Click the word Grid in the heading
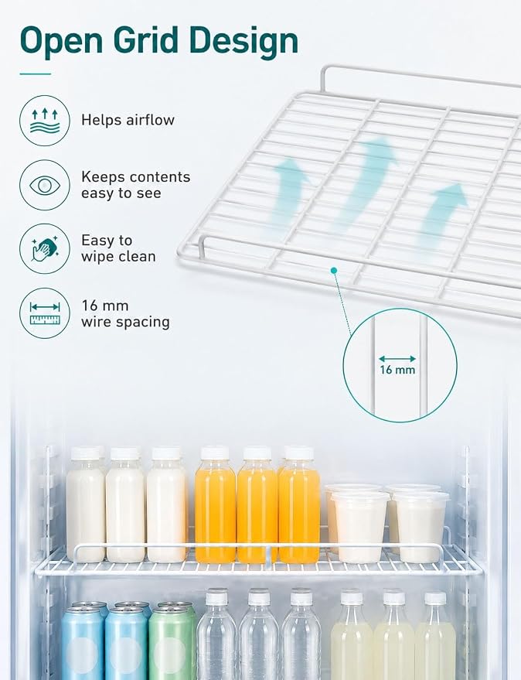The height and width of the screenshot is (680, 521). coord(145,40)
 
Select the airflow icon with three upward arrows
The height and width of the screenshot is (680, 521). coord(45,121)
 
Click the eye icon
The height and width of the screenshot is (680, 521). coord(45,185)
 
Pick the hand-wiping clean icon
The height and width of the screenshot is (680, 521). coord(45,249)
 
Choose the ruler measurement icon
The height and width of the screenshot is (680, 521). coord(45,313)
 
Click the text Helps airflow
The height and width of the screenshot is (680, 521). coord(128,120)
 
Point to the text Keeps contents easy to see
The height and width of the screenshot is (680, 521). coord(136,185)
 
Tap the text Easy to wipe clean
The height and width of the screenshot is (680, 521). coord(118,248)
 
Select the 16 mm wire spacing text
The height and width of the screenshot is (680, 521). coord(125,313)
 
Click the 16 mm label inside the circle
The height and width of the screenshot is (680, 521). coord(397,370)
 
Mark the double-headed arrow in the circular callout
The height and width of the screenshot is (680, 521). coord(397,359)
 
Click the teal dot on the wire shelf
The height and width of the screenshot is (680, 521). coord(333,271)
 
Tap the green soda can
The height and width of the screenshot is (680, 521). coord(172,640)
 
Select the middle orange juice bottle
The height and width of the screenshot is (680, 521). coord(257,505)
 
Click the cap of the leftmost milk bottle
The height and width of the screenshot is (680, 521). coord(85,453)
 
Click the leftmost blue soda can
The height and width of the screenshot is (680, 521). coord(83,641)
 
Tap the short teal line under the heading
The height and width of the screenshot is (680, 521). coord(36,74)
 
